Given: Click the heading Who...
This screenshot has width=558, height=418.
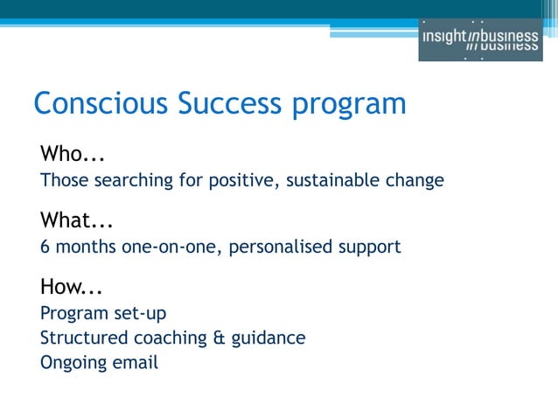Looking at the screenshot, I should point(73,155).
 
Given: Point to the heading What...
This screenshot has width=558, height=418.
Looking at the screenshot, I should point(78,220).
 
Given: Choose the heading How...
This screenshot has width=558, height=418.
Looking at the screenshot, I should point(73,286).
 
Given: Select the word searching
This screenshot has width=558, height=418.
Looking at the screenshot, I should point(130,181).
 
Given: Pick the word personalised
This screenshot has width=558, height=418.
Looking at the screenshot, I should point(280,247).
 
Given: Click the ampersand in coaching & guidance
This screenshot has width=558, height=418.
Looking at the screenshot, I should point(220,337).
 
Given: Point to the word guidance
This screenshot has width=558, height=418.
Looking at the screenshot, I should point(269,338).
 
